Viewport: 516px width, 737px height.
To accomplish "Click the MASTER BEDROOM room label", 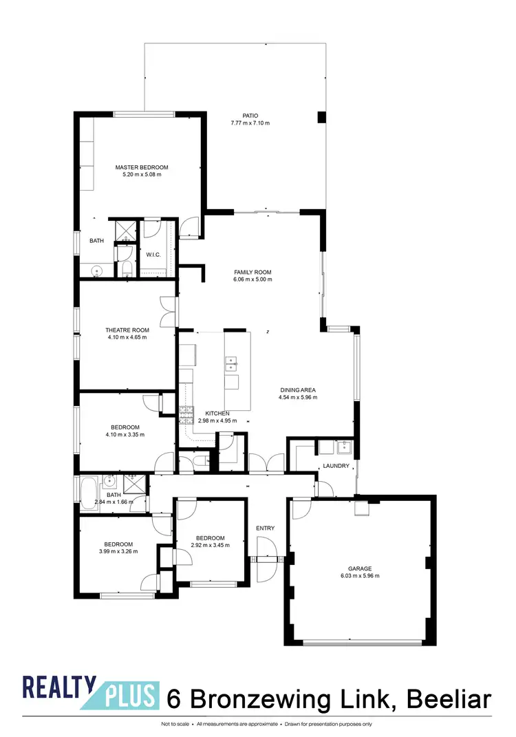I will [142, 167].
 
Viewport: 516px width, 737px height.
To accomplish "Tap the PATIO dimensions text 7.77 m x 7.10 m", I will [250, 124].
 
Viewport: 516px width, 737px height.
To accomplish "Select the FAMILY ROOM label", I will [252, 272].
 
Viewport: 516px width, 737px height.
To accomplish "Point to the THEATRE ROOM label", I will [127, 330].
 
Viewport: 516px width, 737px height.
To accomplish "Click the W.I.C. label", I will [153, 255].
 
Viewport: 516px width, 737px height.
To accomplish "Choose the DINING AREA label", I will [297, 390].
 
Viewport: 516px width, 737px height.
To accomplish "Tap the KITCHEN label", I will [217, 414].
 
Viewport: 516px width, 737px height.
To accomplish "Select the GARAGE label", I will [360, 568].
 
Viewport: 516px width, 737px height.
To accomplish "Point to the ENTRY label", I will [266, 528].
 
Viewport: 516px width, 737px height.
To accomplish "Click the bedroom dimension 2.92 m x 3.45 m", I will [210, 545].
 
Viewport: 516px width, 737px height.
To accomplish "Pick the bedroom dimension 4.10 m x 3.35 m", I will [122, 434].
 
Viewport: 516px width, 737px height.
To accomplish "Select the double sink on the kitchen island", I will [232, 361].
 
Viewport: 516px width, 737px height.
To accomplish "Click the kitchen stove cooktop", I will [186, 413].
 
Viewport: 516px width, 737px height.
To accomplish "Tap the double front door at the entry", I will [266, 559].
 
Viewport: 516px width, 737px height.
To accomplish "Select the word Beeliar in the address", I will [449, 699].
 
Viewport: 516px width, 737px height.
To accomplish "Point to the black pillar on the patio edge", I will [321, 118].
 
